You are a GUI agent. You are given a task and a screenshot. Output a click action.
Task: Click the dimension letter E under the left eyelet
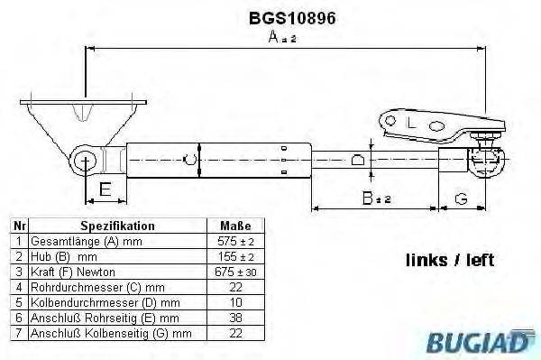pyautogui.click(x=105, y=189)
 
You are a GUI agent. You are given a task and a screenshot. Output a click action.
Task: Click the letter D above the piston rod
pyautogui.click(x=358, y=161)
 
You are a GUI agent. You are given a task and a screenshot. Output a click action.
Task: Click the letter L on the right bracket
pyautogui.click(x=410, y=122)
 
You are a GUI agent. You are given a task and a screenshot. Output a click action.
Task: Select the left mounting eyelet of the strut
pyautogui.click(x=87, y=162)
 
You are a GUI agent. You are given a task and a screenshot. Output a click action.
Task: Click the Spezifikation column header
pyautogui.click(x=117, y=226)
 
